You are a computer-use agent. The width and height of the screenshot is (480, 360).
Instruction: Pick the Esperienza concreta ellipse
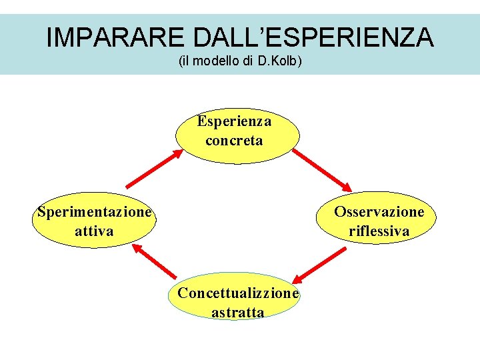(x=237, y=135)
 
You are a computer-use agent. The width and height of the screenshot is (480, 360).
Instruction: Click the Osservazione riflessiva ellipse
(x=379, y=221)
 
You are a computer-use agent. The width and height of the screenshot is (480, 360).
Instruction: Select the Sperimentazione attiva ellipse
(x=94, y=221)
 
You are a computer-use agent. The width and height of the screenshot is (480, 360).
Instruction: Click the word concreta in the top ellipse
(x=234, y=141)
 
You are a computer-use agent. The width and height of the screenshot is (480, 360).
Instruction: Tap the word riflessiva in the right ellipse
(x=379, y=231)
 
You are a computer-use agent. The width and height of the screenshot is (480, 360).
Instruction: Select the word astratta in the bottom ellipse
(x=237, y=312)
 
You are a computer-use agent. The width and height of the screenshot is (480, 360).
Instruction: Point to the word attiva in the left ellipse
(x=94, y=231)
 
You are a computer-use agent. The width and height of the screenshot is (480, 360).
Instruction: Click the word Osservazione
(x=379, y=212)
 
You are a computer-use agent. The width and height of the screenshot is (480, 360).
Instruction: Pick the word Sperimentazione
(x=94, y=213)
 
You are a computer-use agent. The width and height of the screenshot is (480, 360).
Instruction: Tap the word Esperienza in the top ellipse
(x=234, y=122)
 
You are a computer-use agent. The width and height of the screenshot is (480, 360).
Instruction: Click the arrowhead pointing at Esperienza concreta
(x=177, y=153)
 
